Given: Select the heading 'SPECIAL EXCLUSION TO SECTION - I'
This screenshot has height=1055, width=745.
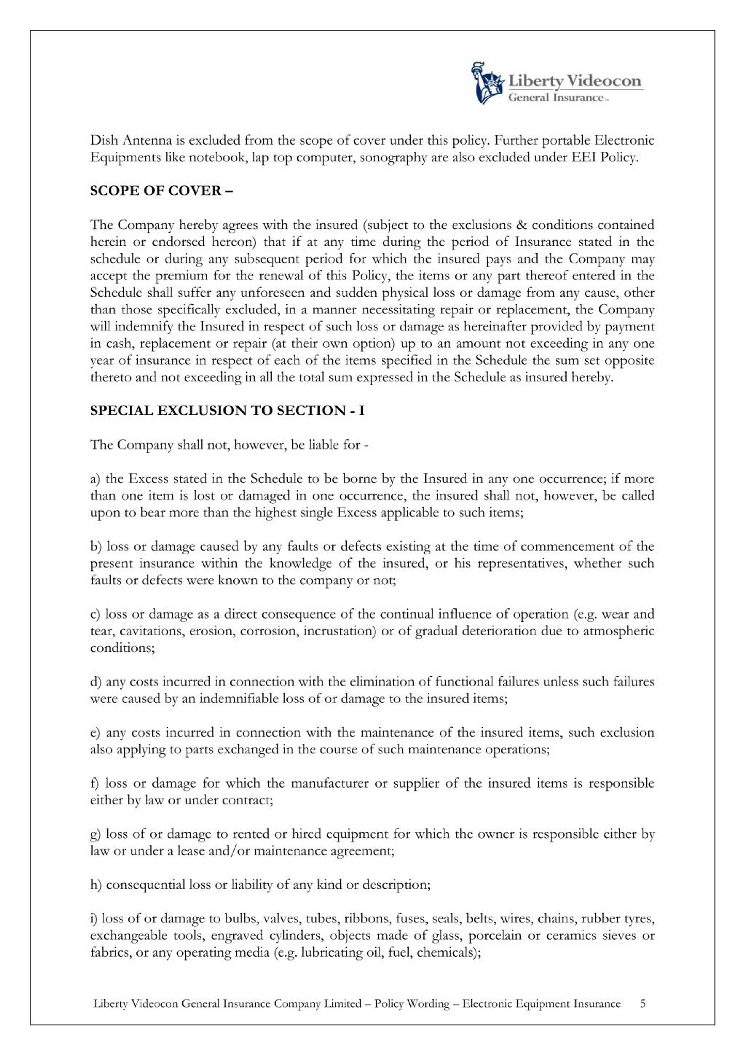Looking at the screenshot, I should point(227,410).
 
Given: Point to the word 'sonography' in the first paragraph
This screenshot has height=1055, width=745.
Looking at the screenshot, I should point(389,158).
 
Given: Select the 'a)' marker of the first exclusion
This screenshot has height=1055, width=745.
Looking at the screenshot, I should point(95,479).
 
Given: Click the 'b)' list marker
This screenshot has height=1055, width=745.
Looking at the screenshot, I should point(96,546).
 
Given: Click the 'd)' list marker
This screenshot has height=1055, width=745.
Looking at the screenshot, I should point(96,681).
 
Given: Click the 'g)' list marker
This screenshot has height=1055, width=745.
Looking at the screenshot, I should point(96,834).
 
